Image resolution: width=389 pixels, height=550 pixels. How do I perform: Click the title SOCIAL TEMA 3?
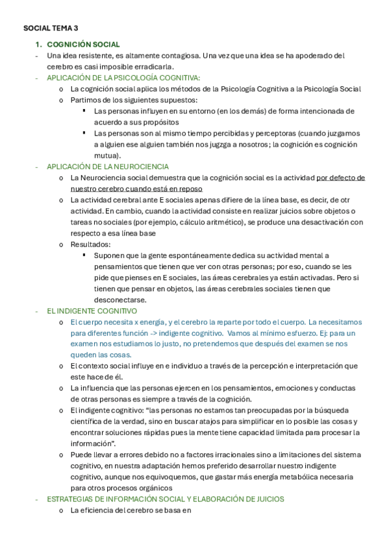click(50, 29)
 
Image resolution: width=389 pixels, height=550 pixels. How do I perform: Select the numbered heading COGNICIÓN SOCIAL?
click(83, 44)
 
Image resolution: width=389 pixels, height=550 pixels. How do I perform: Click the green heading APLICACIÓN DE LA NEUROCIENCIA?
click(108, 167)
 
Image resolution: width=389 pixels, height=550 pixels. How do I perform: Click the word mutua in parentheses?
click(107, 156)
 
